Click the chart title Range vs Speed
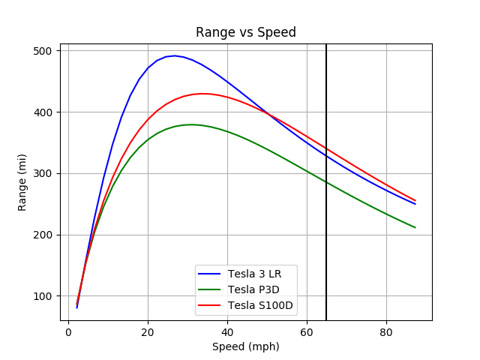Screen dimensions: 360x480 point(245,32)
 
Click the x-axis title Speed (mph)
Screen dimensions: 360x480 point(245,346)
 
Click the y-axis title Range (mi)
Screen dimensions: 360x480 point(22,182)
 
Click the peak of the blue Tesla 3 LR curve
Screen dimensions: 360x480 point(175,55)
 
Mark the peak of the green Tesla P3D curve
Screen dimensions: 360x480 point(191,124)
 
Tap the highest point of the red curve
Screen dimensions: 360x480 point(202,94)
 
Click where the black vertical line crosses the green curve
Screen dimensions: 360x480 point(326,182)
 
